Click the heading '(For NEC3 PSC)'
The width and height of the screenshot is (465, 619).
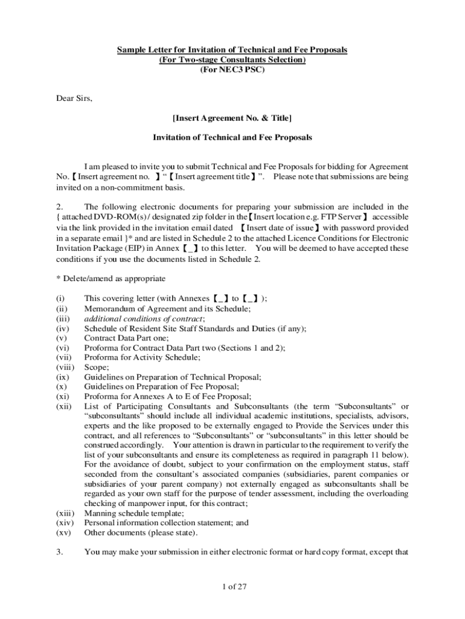tap(232, 70)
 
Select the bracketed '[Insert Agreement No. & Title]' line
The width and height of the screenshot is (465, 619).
tap(232, 117)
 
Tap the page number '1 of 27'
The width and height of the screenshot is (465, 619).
tap(232, 587)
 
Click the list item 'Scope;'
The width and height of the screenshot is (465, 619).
tap(97, 367)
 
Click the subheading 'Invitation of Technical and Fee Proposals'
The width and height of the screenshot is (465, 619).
tap(232, 137)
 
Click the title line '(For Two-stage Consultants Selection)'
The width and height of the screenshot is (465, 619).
tap(232, 60)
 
